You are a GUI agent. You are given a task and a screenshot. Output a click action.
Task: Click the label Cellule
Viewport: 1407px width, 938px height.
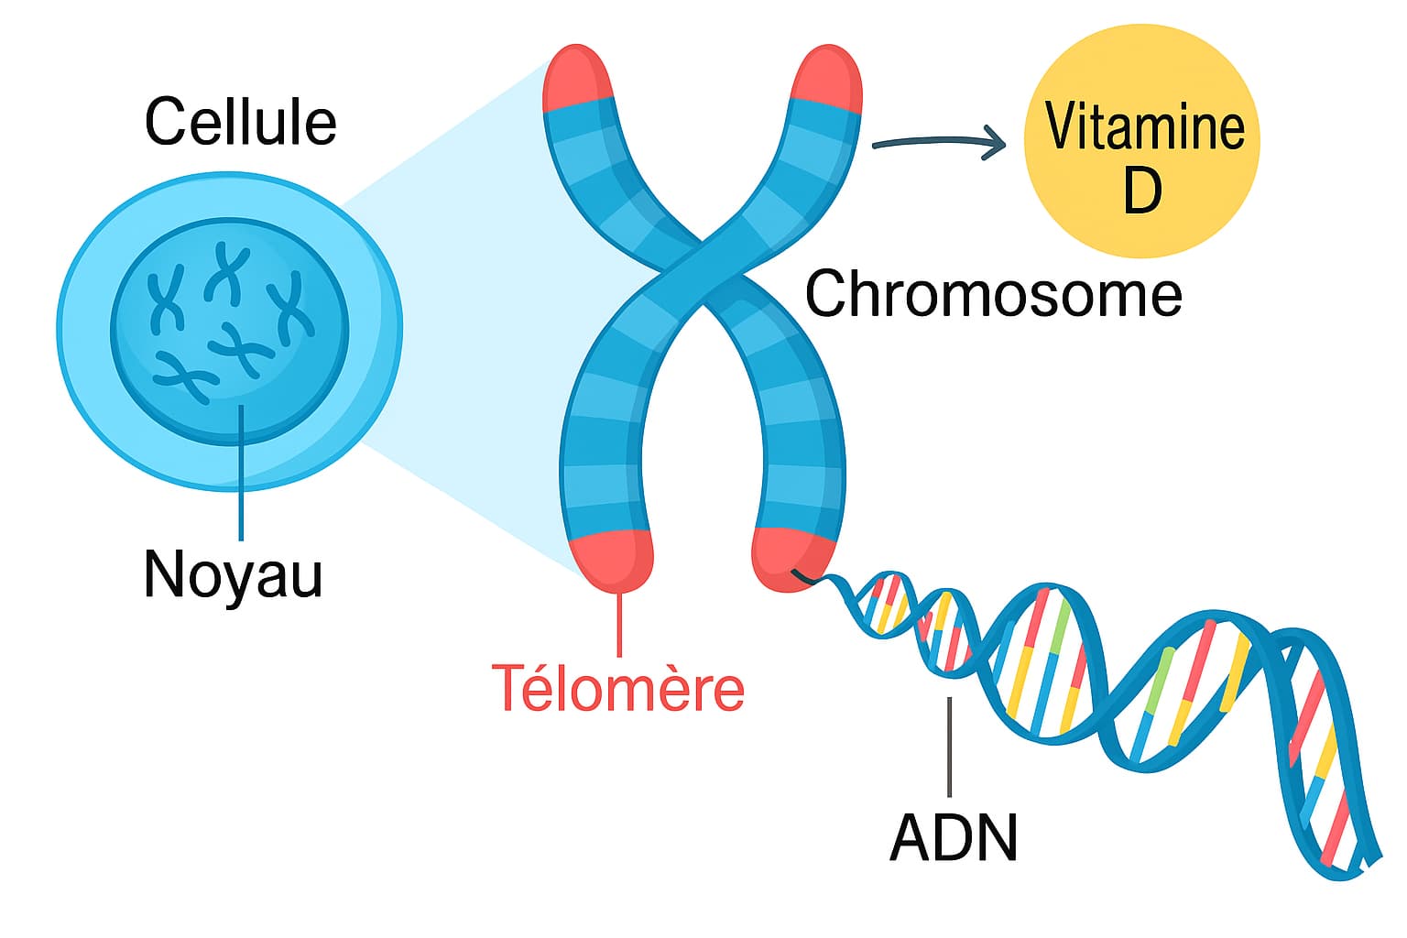click(x=240, y=122)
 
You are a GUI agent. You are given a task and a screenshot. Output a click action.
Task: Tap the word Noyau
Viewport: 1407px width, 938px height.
click(x=233, y=574)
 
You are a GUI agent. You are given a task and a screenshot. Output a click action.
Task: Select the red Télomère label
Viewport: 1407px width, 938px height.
click(x=617, y=688)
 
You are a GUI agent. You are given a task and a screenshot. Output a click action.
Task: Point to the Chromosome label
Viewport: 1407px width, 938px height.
click(x=993, y=294)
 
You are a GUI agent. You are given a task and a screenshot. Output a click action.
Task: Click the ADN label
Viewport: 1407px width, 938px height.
click(x=953, y=836)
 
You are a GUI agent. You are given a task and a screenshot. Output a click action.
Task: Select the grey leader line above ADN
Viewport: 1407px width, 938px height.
click(x=950, y=747)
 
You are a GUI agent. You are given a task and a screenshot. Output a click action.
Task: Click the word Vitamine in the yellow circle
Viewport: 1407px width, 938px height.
click(x=1144, y=127)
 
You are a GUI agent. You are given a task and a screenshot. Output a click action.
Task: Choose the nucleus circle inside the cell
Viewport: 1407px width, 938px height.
click(x=229, y=330)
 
